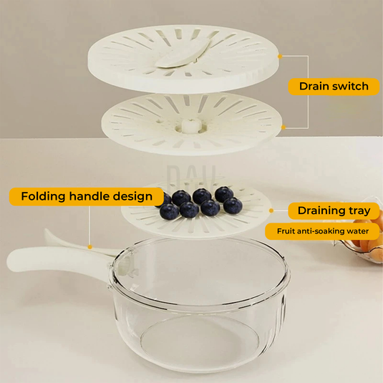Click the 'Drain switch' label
click(333, 86)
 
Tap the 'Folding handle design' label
click(86, 196)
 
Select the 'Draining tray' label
click(334, 210)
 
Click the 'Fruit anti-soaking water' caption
click(322, 231)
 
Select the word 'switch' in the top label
click(351, 86)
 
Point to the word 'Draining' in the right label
click(320, 210)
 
